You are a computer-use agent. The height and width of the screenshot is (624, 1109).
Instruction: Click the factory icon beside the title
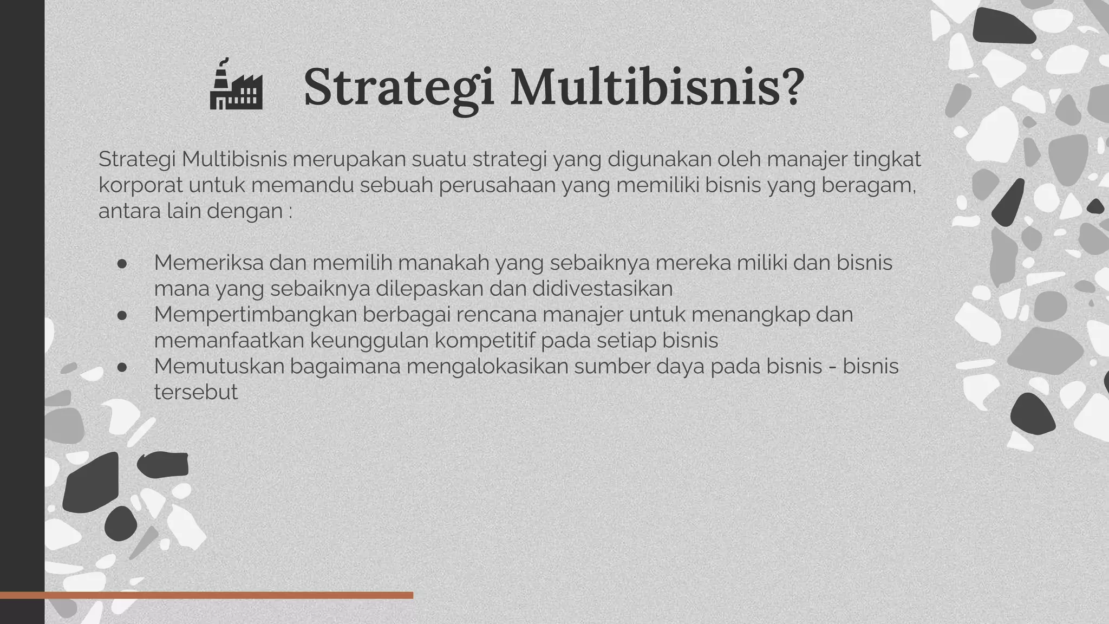[x=236, y=86]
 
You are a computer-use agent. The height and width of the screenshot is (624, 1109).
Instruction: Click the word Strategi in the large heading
[x=399, y=87]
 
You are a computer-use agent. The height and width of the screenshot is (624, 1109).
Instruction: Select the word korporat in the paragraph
[x=141, y=185]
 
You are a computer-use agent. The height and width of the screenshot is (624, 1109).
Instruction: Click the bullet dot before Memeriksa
[x=122, y=263]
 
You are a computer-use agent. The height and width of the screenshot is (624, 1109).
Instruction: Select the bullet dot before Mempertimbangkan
[x=122, y=315]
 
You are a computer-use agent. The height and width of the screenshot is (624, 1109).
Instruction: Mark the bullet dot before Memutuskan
[x=122, y=367]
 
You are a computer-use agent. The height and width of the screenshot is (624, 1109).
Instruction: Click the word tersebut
[x=195, y=392]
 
